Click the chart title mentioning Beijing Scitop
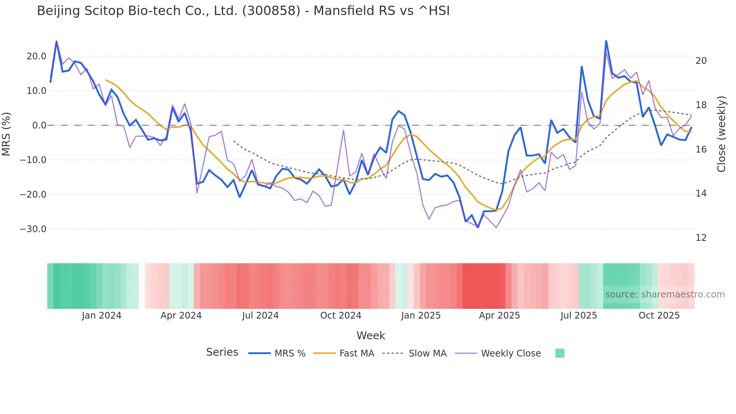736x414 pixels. point(243,11)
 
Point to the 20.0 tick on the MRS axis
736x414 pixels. point(36,56)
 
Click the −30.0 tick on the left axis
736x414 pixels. point(33,229)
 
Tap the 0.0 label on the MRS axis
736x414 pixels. point(39,125)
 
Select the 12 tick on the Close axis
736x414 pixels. point(701,238)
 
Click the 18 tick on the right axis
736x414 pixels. point(701,105)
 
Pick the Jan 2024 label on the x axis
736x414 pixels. point(101,316)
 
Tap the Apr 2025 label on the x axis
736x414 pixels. point(499,316)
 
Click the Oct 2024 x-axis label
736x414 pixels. point(341,316)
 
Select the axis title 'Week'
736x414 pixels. point(371,335)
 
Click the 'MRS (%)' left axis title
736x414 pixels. point(6,134)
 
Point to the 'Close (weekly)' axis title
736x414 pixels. point(721,134)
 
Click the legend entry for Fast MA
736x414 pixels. point(356,354)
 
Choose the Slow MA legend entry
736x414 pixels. point(427,354)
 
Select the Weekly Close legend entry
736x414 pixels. point(511,354)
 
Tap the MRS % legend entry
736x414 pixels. point(290,354)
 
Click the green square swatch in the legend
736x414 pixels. point(560,353)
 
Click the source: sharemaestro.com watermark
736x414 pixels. point(665,295)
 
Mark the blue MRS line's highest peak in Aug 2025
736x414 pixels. point(606,41)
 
